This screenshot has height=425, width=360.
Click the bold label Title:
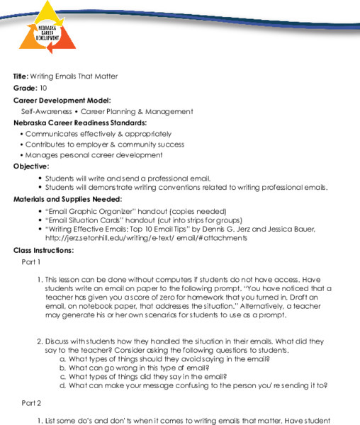coord(21,76)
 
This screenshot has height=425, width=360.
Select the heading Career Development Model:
coord(62,100)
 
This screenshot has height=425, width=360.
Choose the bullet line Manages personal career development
coord(94,155)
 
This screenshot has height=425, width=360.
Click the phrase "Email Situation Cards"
coord(81,220)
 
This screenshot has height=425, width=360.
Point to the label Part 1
coord(33,262)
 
